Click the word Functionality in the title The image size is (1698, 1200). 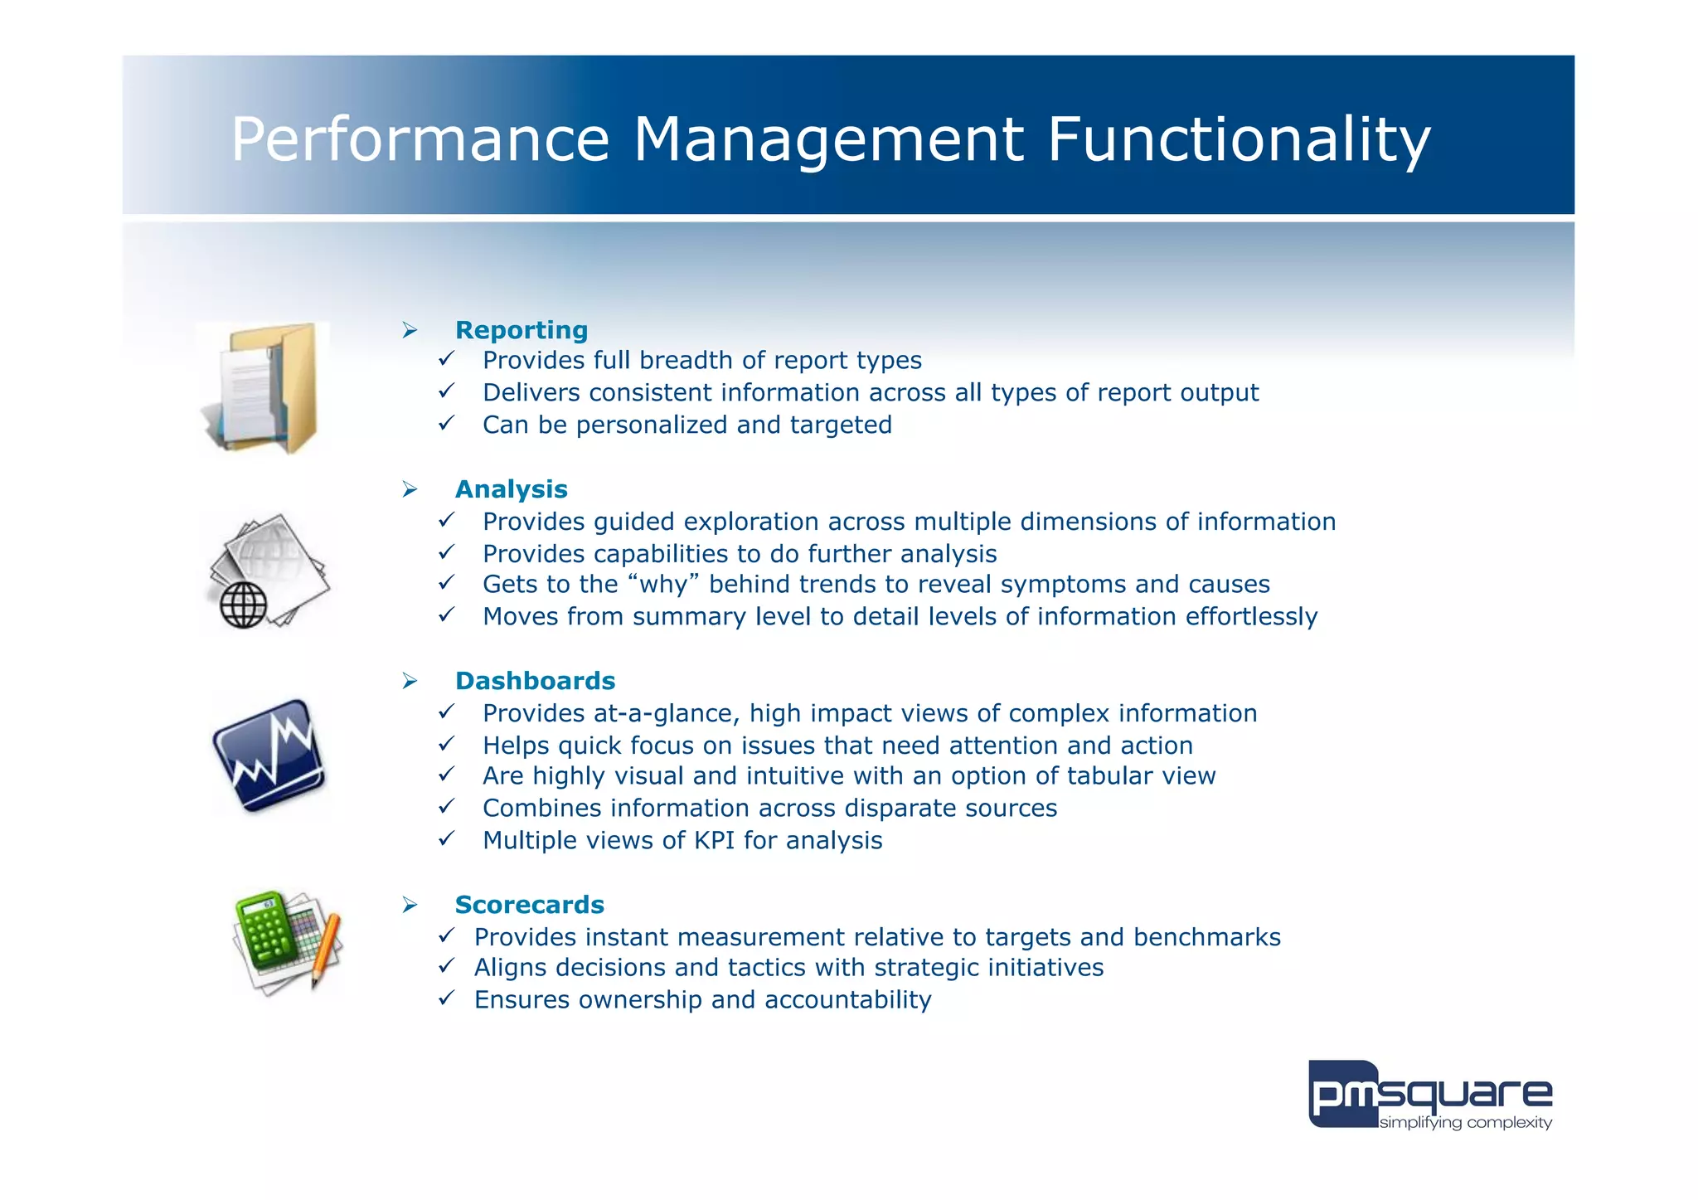click(1239, 139)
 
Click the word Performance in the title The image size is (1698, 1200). click(420, 139)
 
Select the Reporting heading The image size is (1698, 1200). click(522, 330)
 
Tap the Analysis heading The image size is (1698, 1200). click(511, 489)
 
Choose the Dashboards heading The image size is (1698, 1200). click(535, 681)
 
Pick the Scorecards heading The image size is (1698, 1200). click(529, 905)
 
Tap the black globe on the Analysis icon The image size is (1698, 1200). click(243, 605)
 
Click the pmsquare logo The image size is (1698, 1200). click(1429, 1093)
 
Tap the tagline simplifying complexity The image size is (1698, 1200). click(1465, 1123)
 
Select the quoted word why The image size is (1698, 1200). click(663, 585)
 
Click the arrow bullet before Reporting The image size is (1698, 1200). click(410, 331)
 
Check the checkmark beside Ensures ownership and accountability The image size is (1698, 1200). click(446, 998)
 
